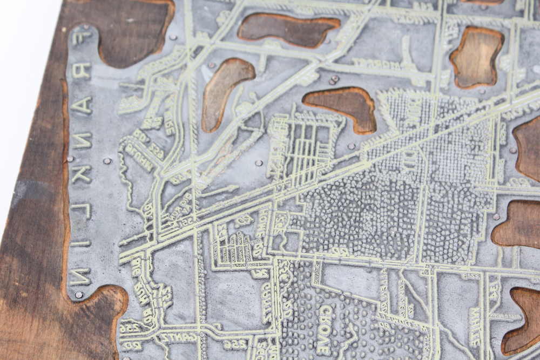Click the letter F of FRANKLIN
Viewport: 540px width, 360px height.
click(81, 38)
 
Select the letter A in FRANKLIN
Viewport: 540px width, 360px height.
click(81, 105)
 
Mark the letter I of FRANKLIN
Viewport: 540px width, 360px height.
click(80, 243)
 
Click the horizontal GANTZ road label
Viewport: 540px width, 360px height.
click(171, 338)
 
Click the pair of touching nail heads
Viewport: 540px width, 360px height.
click(334, 80)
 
